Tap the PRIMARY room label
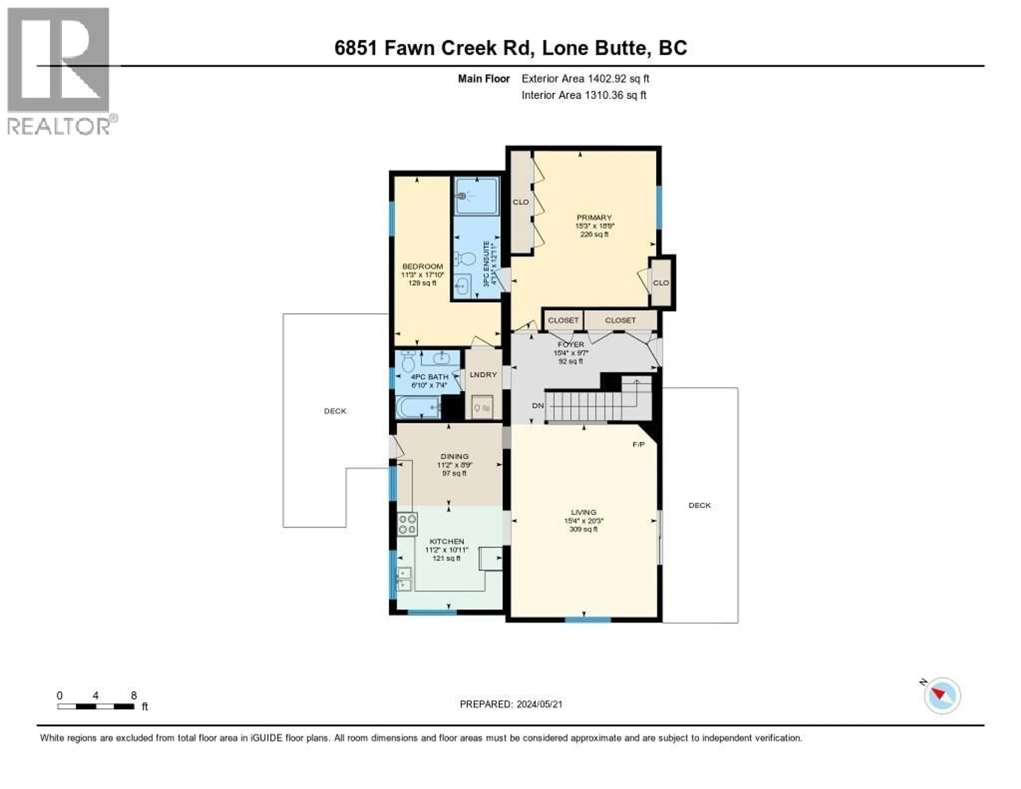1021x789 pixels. click(594, 218)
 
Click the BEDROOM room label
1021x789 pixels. click(422, 266)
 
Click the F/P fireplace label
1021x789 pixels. click(638, 444)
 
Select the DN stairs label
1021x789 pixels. click(538, 405)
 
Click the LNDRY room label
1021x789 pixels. click(483, 375)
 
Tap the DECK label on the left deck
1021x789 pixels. click(335, 411)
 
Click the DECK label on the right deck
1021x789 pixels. click(699, 505)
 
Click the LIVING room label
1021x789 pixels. click(583, 512)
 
